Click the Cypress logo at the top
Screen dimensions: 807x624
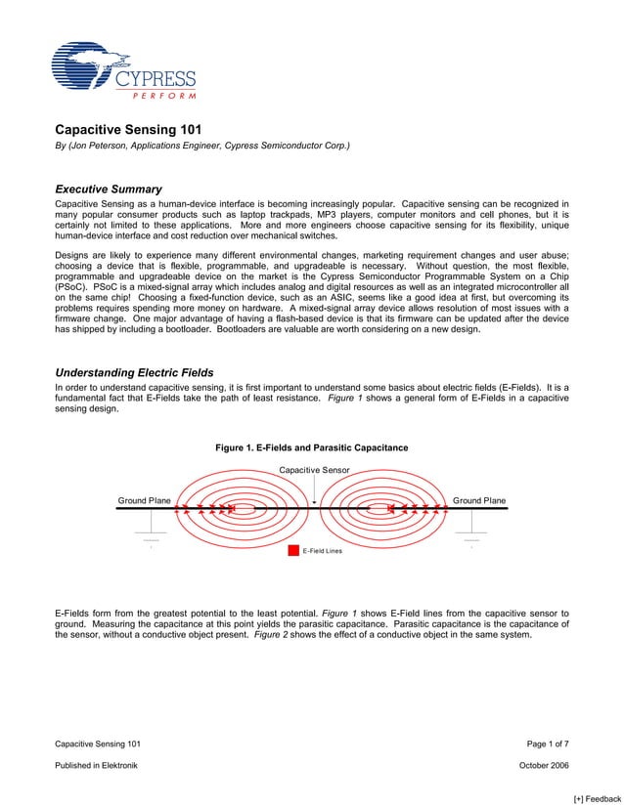(x=123, y=70)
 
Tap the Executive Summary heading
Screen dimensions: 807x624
(x=108, y=189)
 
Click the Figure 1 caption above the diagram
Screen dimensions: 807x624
(x=311, y=447)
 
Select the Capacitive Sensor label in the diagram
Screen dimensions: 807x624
(x=314, y=470)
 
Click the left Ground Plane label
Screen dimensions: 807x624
(x=144, y=500)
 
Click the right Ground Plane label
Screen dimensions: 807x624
(x=479, y=500)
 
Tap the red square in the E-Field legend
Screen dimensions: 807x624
(x=293, y=551)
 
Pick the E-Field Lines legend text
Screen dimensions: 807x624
(x=322, y=551)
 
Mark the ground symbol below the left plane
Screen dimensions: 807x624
(x=152, y=539)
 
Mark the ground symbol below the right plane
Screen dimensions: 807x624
(x=471, y=539)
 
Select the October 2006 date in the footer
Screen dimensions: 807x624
(x=543, y=765)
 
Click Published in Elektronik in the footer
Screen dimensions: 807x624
(x=96, y=765)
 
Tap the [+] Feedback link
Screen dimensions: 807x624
(x=597, y=798)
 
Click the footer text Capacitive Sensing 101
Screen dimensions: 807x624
(x=98, y=744)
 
